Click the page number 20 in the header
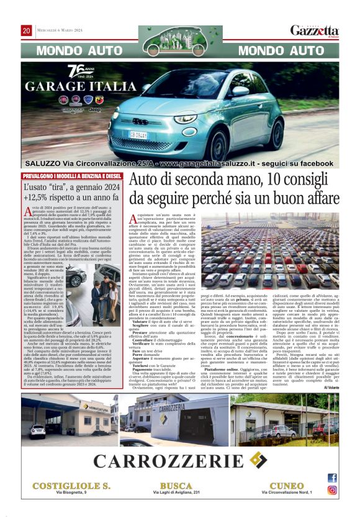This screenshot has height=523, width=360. tap(27, 30)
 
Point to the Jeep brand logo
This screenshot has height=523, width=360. tap(95, 109)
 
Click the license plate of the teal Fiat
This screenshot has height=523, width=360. tap(138, 134)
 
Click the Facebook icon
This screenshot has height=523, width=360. tap(332, 478)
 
